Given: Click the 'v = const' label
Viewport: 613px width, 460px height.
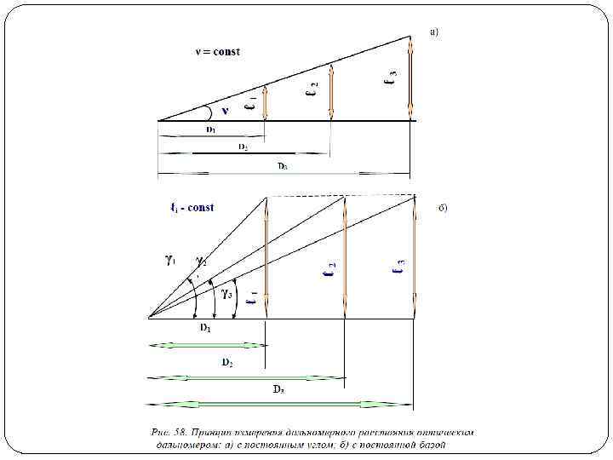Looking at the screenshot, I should [x=218, y=51].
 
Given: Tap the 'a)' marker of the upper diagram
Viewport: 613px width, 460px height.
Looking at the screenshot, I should [x=434, y=32].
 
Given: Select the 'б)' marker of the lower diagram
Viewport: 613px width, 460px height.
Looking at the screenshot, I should [x=442, y=207].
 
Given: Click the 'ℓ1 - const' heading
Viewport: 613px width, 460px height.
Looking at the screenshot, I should [x=192, y=207].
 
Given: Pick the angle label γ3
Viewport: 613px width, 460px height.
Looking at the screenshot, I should [x=227, y=295].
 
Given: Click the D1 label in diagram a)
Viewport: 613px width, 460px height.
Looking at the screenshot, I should [x=210, y=129].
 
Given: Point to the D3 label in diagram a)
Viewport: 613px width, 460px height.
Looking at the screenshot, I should [x=281, y=166].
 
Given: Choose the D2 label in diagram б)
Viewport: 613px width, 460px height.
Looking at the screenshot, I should [x=228, y=362].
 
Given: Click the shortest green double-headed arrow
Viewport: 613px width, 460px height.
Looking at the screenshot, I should [x=208, y=345].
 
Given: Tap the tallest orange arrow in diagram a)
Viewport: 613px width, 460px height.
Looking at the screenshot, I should [x=410, y=77].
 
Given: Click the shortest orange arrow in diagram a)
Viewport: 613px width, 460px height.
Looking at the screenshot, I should [x=266, y=103].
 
